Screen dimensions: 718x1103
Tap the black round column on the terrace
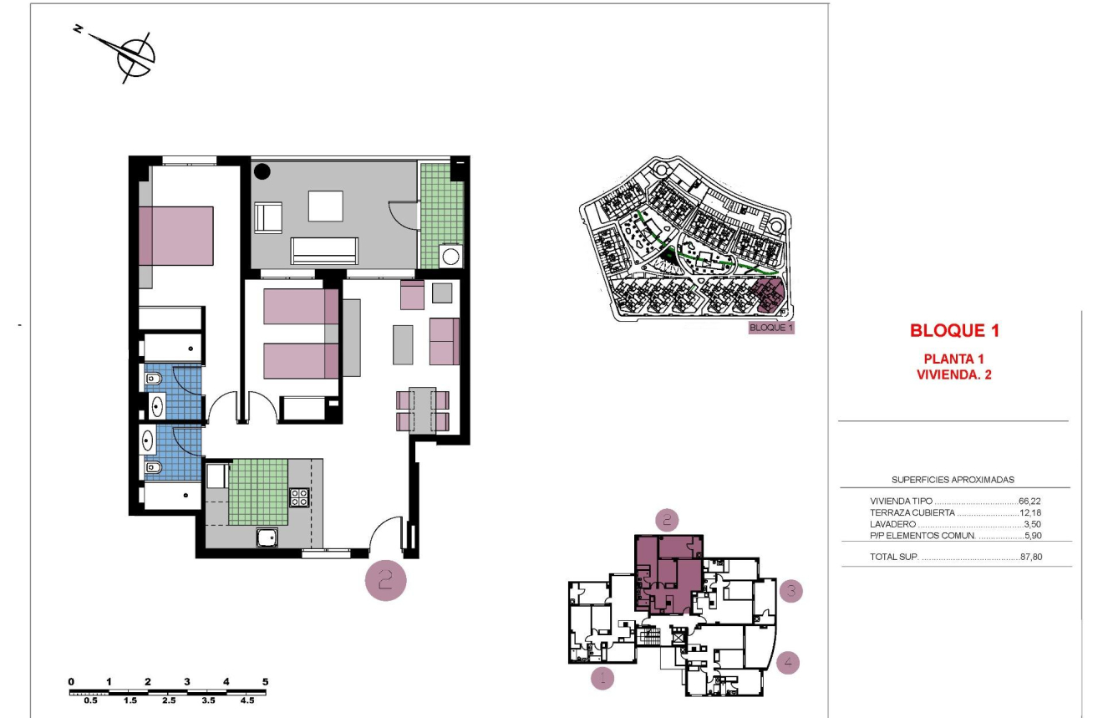(x=262, y=171)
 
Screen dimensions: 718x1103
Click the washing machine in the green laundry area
(x=451, y=256)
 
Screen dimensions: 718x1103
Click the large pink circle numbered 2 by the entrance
(x=385, y=580)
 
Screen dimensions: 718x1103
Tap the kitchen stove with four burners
(x=299, y=496)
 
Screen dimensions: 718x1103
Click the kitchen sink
(x=267, y=537)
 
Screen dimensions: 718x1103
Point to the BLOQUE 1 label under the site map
(x=770, y=328)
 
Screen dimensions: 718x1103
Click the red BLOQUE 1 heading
(x=954, y=330)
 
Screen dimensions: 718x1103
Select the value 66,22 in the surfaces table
(x=1029, y=502)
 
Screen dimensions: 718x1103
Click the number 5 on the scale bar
(x=266, y=682)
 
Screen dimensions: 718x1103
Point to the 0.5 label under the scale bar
(x=91, y=700)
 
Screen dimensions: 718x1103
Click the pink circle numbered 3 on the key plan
(x=790, y=592)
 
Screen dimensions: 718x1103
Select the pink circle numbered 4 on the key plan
(x=788, y=663)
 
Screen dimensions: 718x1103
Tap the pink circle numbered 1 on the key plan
(x=602, y=677)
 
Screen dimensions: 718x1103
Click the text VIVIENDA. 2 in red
(x=953, y=374)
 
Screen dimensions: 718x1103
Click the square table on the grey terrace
(x=325, y=206)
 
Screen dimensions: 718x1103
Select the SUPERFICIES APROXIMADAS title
(x=953, y=480)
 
